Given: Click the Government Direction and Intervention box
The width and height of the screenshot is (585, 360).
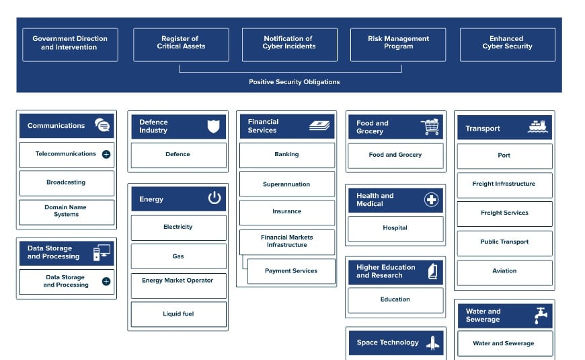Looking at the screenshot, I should (x=70, y=44).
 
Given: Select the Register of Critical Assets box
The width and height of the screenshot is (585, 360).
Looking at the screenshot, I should (x=181, y=44).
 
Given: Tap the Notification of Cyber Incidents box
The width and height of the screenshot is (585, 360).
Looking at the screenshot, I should (x=289, y=44).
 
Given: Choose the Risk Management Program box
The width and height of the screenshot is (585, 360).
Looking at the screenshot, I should (x=398, y=44).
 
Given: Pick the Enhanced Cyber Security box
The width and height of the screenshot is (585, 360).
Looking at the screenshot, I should (x=507, y=44).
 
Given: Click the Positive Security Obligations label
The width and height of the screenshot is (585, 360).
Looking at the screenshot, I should (x=294, y=82).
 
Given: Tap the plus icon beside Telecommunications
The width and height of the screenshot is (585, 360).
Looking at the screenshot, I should (x=106, y=154).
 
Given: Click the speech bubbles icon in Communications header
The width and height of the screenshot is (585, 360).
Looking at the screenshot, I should (x=102, y=125).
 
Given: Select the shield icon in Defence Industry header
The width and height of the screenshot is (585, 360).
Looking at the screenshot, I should (x=213, y=126).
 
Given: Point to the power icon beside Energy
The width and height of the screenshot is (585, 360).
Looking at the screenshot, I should (x=214, y=198).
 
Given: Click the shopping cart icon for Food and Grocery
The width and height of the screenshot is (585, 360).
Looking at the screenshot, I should (x=430, y=127).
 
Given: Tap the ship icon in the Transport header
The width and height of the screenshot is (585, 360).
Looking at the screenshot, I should (x=537, y=127).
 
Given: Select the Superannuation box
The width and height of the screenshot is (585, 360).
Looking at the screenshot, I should (x=286, y=184).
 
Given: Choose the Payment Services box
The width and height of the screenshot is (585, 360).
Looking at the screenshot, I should (x=290, y=271).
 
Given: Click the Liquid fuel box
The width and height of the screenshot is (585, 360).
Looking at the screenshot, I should (x=178, y=314).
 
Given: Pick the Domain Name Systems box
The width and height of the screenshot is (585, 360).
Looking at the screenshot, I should (x=66, y=211).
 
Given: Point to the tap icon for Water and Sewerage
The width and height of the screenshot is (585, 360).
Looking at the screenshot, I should (x=540, y=316).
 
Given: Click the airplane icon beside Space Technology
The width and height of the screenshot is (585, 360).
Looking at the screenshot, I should (x=432, y=343).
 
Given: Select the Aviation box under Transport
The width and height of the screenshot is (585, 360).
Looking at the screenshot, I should (x=504, y=271).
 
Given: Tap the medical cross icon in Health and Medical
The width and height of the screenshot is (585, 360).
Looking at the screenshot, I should (x=432, y=199).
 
